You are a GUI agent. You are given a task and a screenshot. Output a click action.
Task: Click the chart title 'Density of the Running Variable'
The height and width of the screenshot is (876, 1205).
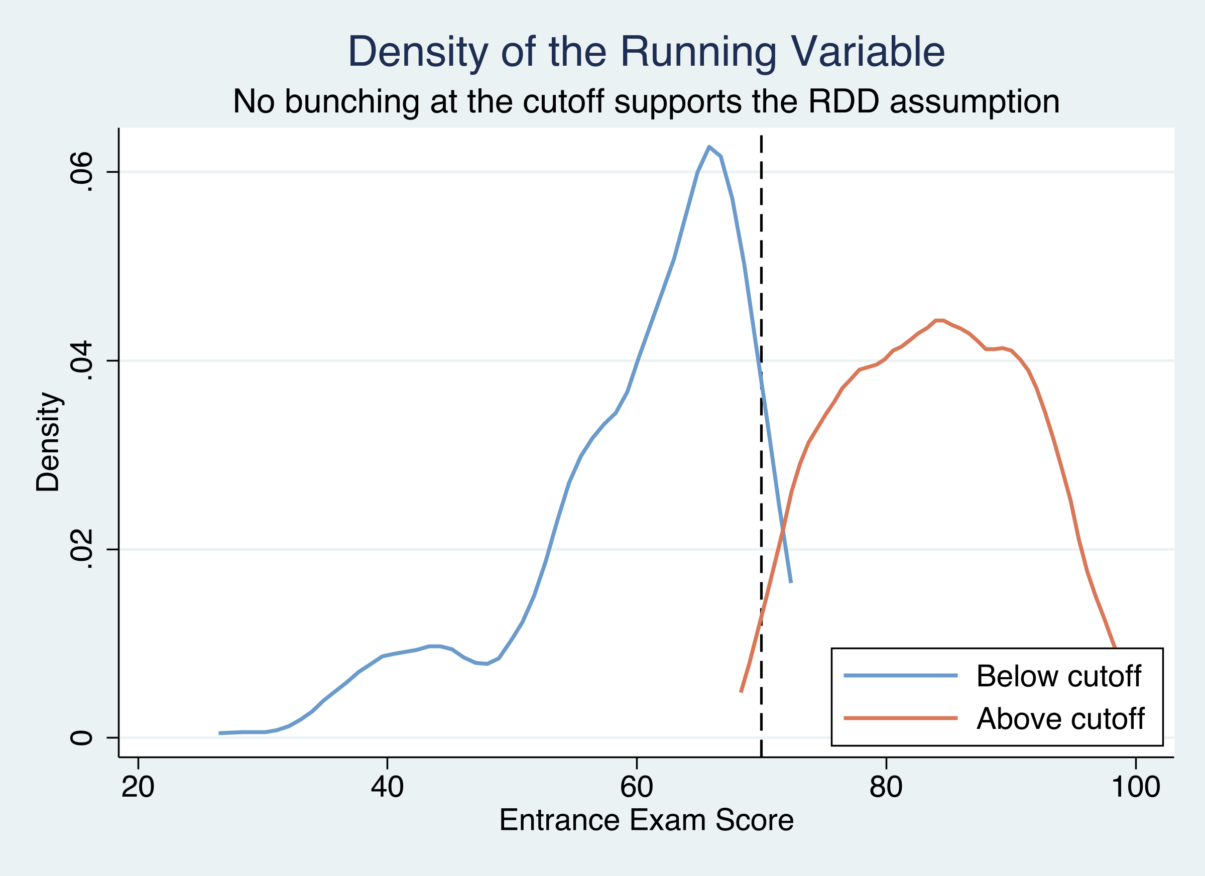(x=646, y=52)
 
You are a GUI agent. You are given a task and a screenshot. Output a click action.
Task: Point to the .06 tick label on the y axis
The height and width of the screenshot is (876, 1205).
(x=81, y=172)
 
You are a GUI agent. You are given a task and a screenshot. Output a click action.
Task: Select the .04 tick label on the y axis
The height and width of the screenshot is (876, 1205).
(x=81, y=361)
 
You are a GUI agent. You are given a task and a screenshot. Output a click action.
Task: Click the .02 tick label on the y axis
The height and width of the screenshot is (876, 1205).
(x=81, y=550)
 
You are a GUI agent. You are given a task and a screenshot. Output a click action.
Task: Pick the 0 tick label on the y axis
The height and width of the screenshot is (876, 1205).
(x=81, y=738)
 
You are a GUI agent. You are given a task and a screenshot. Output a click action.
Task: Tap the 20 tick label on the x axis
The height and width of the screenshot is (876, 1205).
(x=138, y=787)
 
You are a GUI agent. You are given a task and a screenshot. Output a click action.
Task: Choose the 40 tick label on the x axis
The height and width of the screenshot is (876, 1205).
(x=387, y=787)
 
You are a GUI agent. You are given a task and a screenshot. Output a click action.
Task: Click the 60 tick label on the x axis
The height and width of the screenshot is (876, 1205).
(x=637, y=787)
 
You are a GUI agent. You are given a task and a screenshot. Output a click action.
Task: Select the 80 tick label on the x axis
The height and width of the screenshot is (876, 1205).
(x=886, y=787)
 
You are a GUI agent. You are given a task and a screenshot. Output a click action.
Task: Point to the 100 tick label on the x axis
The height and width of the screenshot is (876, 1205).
(x=1135, y=787)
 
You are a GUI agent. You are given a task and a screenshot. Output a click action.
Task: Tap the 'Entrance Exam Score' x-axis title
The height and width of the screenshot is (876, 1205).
(x=646, y=820)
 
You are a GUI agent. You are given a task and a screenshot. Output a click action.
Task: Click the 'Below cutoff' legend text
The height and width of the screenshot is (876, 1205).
(x=1058, y=676)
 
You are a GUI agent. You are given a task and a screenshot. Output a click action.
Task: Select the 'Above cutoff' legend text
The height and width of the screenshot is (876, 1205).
(x=1060, y=719)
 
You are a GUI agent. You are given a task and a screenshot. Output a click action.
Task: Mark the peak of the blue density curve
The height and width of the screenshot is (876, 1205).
(x=709, y=147)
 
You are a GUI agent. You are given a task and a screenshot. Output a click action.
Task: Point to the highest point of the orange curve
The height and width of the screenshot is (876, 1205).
(x=939, y=320)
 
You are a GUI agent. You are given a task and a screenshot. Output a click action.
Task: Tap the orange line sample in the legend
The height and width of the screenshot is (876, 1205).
(x=901, y=718)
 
